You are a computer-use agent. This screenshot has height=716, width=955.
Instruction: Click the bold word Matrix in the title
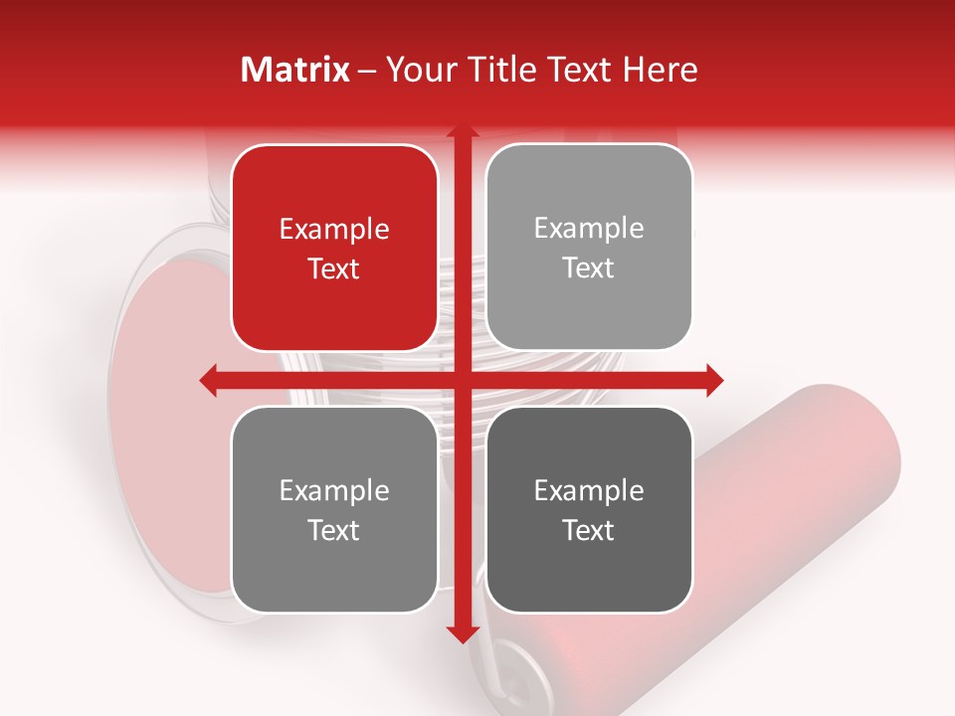296,70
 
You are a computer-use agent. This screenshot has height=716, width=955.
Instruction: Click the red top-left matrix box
334,248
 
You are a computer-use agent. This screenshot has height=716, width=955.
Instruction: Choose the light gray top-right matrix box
589,248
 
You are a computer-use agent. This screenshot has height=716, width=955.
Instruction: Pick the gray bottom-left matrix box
334,509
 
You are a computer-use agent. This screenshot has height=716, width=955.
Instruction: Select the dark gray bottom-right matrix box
589,509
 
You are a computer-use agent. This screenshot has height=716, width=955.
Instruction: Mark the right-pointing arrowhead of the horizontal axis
713,380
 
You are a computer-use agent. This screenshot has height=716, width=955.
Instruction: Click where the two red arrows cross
462,380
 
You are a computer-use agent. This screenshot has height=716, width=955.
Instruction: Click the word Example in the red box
334,230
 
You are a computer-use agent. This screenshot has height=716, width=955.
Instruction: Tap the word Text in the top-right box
589,268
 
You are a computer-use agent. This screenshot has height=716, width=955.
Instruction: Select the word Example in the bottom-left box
334,490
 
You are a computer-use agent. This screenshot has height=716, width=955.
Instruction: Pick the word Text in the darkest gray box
589,530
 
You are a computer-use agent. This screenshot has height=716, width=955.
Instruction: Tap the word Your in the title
416,70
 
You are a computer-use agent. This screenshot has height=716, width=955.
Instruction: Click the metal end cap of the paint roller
517,661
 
